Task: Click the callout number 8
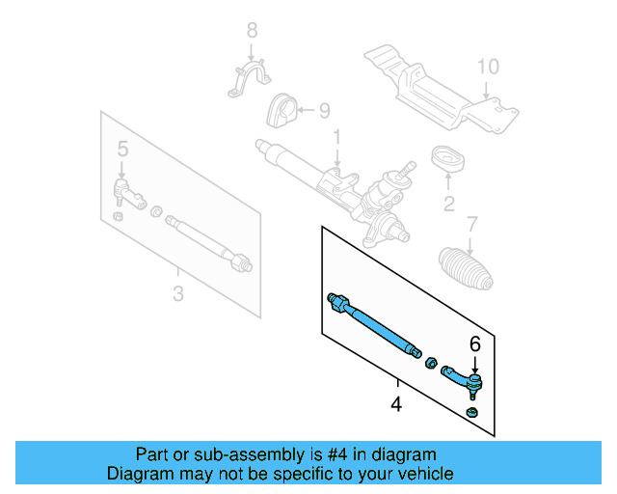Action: point(253,30)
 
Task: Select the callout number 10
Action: point(489,67)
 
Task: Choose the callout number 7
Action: point(471,225)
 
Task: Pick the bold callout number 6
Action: point(473,343)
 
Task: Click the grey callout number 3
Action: point(177,293)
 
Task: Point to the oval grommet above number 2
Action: point(447,159)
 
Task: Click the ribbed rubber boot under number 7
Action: point(465,270)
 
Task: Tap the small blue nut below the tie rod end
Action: point(472,414)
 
